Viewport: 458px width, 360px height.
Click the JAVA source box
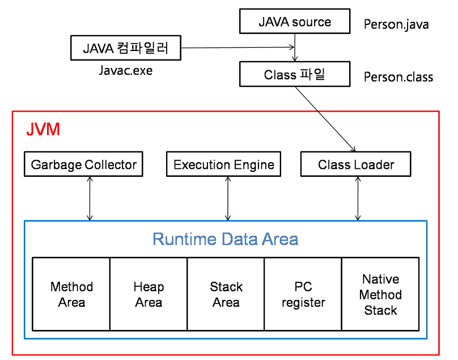point(295,22)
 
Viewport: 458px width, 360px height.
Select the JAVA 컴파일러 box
point(126,48)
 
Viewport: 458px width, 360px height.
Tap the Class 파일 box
point(295,74)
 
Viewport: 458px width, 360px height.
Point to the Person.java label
point(396,24)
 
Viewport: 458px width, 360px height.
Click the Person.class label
point(398,77)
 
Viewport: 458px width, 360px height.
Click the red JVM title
point(43,129)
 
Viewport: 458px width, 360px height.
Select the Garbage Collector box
point(83,164)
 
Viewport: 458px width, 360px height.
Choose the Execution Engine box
point(223,164)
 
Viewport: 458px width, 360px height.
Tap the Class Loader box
point(355,164)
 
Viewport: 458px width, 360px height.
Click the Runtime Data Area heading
point(225,239)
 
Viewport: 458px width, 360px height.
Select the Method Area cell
point(71,294)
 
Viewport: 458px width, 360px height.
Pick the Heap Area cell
point(149,294)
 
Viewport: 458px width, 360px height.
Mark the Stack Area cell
point(226,294)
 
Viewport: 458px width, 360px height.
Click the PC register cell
point(303,294)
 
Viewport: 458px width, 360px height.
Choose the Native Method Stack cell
point(380,294)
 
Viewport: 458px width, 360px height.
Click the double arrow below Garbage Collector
point(89,198)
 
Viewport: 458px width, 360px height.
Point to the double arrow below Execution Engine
point(228,198)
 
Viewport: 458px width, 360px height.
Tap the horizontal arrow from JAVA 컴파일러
point(238,48)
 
